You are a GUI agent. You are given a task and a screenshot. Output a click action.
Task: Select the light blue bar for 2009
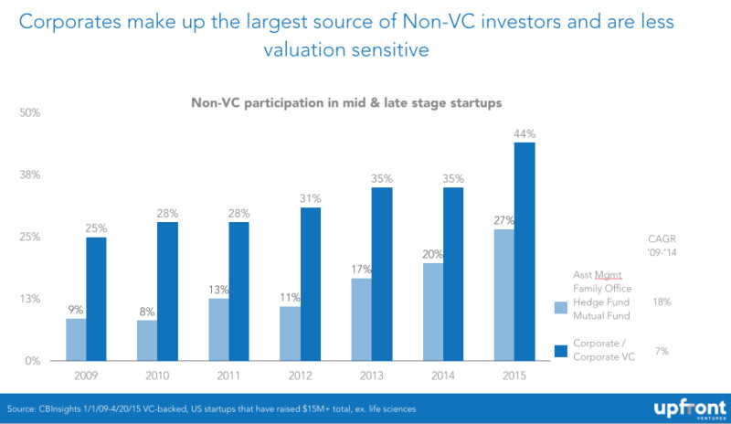pyautogui.click(x=76, y=339)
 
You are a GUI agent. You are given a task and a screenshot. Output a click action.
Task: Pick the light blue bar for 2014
pyautogui.click(x=433, y=312)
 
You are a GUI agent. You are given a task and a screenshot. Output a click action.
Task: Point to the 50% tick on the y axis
pyautogui.click(x=32, y=112)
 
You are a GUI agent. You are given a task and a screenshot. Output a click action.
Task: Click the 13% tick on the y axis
pyautogui.click(x=32, y=299)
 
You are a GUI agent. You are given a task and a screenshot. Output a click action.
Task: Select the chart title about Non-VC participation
pyautogui.click(x=346, y=104)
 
